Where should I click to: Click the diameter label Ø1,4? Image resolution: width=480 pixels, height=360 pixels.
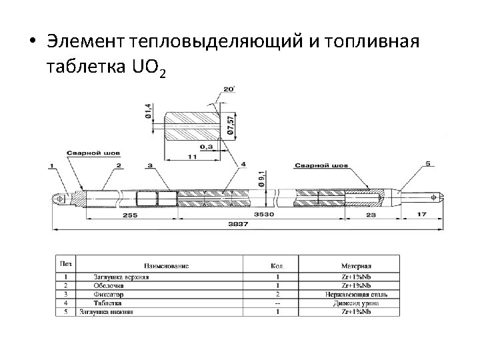pyautogui.click(x=148, y=110)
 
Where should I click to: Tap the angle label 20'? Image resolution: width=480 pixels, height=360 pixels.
pyautogui.click(x=229, y=89)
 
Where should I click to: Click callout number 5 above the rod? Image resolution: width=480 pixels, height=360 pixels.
pyautogui.click(x=429, y=163)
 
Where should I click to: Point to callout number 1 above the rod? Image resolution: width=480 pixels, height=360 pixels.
pyautogui.click(x=53, y=165)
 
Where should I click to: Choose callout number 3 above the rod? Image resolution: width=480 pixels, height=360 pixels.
pyautogui.click(x=149, y=165)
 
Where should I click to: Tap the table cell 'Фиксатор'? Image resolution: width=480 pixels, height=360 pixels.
pyautogui.click(x=107, y=294)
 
